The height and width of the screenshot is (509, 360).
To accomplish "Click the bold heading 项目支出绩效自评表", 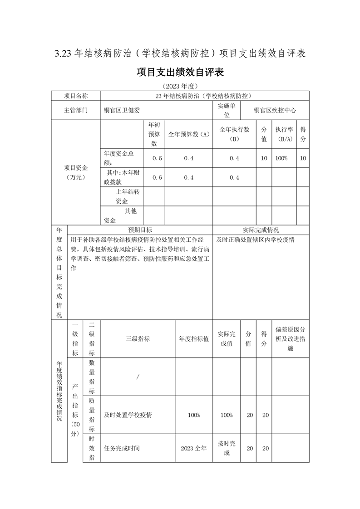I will click(180, 73).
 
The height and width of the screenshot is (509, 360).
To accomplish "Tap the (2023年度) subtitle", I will click(180, 86).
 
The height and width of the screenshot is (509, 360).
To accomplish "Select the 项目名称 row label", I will click(75, 96).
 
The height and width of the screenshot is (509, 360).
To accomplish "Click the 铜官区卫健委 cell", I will click(122, 110).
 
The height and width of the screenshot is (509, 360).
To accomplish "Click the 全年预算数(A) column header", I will click(188, 134).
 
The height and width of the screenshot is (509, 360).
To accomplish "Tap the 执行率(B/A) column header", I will click(284, 134).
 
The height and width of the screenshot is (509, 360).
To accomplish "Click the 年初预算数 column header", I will click(154, 134).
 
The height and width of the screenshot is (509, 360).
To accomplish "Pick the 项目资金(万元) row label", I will click(75, 172).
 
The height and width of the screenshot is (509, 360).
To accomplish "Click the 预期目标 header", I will click(140, 230).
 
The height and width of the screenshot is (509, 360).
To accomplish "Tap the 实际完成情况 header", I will click(261, 230).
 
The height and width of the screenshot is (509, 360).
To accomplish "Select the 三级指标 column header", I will click(138, 339).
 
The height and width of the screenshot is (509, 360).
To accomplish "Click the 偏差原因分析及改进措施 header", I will click(291, 339).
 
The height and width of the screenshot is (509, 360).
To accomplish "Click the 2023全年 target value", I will click(193, 448).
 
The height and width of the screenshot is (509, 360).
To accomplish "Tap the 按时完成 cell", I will click(227, 448).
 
